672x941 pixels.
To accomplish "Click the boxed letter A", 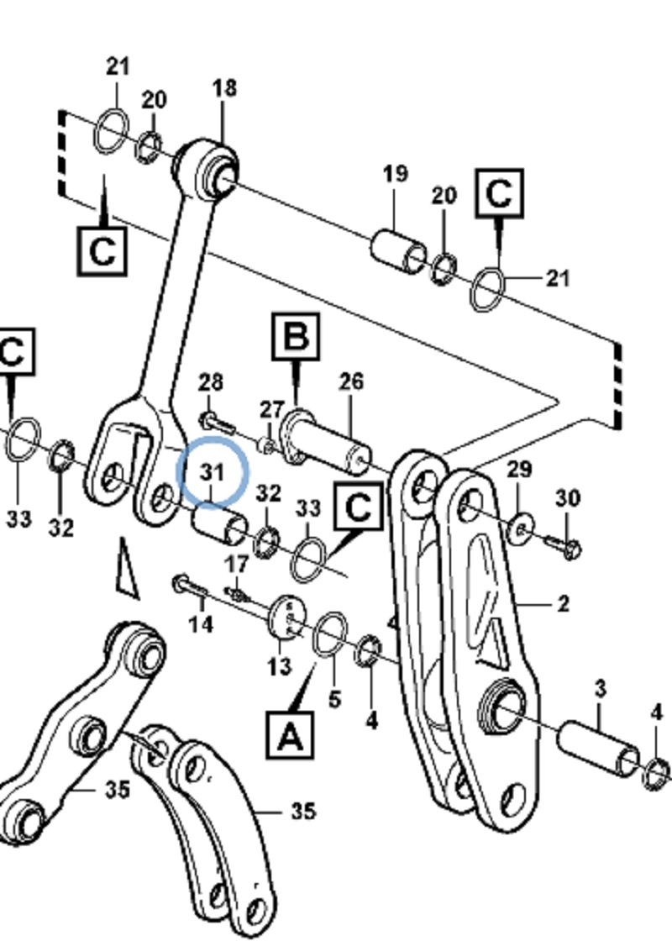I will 290,737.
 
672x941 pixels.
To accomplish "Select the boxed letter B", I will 296,337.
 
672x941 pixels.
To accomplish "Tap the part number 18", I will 224,88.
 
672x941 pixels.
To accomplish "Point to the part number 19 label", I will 395,174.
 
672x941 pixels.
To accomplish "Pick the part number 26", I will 351,381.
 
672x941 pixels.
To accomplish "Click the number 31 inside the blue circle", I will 213,471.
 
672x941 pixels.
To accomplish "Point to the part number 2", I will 563,603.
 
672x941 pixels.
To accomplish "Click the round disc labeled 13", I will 287,619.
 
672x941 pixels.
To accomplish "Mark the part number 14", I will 201,624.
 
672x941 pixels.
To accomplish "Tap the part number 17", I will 238,564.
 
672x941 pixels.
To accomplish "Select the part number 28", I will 210,382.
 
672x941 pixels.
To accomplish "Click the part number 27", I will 271,410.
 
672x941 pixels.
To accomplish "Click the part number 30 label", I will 568,498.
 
